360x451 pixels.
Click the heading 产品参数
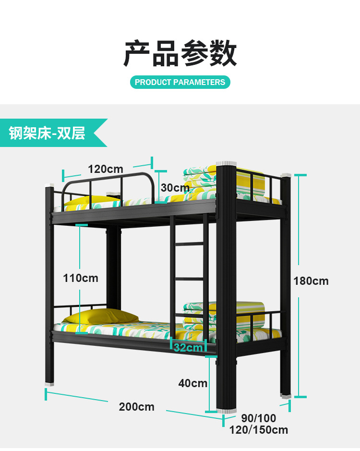[180, 53]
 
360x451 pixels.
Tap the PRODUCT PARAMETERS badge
[180, 82]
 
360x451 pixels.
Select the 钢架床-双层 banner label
[47, 133]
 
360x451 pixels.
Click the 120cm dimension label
[106, 169]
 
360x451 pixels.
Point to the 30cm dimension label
[175, 188]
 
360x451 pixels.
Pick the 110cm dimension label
[81, 278]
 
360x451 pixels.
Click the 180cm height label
[311, 281]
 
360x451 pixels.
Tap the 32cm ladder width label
[188, 348]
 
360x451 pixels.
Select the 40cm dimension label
[192, 383]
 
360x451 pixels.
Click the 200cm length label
[137, 407]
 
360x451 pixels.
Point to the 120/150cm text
[259, 430]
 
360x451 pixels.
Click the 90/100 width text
[259, 418]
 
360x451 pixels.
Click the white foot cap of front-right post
[227, 411]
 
